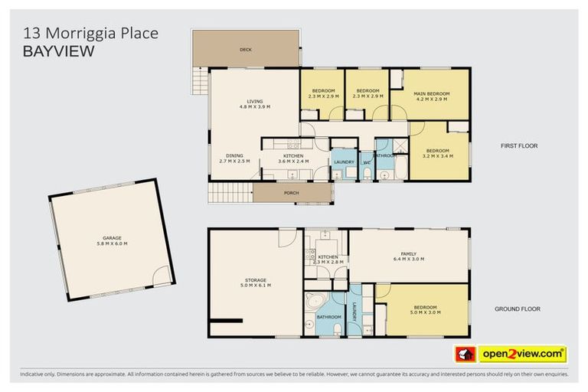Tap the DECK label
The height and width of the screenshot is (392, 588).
click(x=246, y=50)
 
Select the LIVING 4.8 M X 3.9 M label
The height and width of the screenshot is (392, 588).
click(x=254, y=103)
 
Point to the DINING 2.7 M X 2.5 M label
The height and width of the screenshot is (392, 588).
click(x=234, y=158)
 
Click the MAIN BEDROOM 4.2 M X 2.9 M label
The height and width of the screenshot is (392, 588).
click(x=432, y=96)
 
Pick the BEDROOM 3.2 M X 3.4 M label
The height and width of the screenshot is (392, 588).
click(x=437, y=152)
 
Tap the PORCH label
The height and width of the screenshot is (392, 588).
click(x=291, y=193)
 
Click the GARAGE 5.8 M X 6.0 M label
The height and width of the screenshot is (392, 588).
click(x=112, y=240)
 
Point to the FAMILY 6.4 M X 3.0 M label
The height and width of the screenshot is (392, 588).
click(x=409, y=256)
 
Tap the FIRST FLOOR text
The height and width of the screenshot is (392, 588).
click(x=521, y=145)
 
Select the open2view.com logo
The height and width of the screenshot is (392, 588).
click(x=522, y=354)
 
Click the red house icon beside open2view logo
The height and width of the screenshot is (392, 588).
click(x=465, y=354)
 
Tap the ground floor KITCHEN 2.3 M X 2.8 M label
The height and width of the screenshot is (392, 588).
click(x=328, y=260)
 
